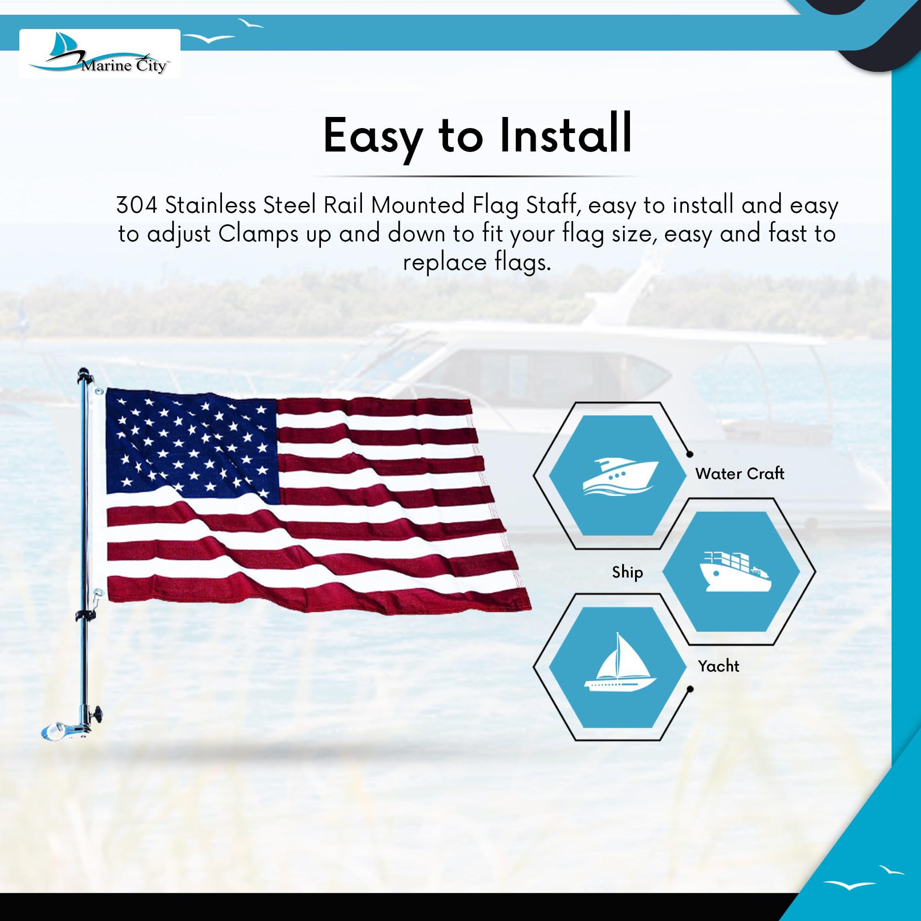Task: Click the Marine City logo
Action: pyautogui.click(x=99, y=53)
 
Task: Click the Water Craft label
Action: pyautogui.click(x=740, y=473)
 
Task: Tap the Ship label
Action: pyautogui.click(x=627, y=572)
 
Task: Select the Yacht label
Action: pyautogui.click(x=718, y=665)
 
